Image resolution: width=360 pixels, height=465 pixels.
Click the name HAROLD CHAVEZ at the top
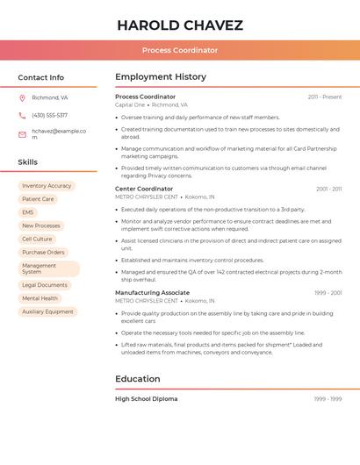(x=180, y=25)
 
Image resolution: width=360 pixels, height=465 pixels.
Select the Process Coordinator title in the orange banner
(x=180, y=50)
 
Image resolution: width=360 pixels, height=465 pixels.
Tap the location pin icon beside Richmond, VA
(x=22, y=97)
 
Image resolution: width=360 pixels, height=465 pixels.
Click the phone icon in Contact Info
(x=22, y=115)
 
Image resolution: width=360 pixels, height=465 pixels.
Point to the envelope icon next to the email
(x=22, y=134)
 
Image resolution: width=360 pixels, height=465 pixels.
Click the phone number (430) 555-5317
(x=49, y=115)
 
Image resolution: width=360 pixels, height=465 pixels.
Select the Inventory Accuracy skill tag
(x=47, y=186)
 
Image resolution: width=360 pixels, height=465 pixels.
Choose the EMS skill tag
(x=28, y=212)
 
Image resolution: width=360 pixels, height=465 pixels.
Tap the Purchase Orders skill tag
(x=43, y=252)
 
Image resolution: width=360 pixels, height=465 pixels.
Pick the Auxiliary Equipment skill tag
(x=47, y=311)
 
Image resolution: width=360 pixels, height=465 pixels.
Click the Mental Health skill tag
(x=40, y=298)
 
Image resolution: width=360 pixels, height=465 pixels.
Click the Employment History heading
(x=161, y=77)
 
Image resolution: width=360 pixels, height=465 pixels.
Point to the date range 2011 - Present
(x=325, y=97)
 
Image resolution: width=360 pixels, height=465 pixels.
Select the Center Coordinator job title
(x=144, y=189)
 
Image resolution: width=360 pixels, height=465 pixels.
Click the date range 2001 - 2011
(x=328, y=189)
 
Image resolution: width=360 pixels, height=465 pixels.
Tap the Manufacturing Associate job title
(x=152, y=292)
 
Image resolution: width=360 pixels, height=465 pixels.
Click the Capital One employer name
(x=130, y=104)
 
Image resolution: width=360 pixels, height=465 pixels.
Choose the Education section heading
(x=138, y=379)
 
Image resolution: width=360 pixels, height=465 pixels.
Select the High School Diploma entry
(x=146, y=398)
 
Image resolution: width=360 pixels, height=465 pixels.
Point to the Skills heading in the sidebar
(x=28, y=162)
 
